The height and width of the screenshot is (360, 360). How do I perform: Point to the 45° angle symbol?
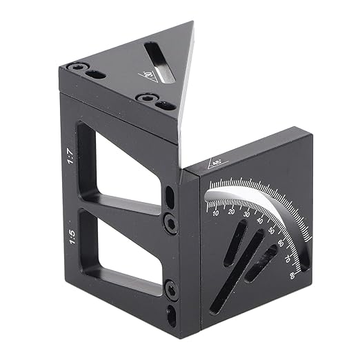[216, 164]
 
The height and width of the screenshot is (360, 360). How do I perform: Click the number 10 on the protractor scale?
[217, 213]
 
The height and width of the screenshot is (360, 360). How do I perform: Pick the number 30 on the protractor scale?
[247, 214]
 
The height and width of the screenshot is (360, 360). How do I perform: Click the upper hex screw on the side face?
[170, 221]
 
